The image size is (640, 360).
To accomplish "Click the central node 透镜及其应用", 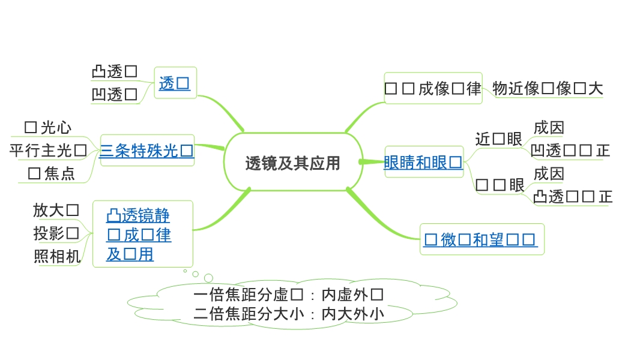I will pyautogui.click(x=293, y=163).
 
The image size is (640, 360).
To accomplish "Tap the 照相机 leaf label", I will pyautogui.click(x=57, y=256).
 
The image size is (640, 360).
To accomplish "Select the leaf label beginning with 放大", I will pyautogui.click(x=56, y=210).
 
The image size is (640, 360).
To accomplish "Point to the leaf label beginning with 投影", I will pyautogui.click(x=56, y=233).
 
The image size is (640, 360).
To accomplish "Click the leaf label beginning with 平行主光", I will pyautogui.click(x=48, y=150).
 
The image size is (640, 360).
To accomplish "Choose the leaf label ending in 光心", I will pyautogui.click(x=48, y=127).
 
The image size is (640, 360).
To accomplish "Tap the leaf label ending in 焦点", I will pyautogui.click(x=52, y=174).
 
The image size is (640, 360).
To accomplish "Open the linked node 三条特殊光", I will pyautogui.click(x=146, y=151).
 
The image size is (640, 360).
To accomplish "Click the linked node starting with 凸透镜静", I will pyautogui.click(x=139, y=235).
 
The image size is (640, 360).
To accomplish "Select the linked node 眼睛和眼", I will pyautogui.click(x=423, y=162).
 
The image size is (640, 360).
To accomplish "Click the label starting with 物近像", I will pyautogui.click(x=547, y=89).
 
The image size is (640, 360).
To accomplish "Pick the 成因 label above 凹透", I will pyautogui.click(x=549, y=128).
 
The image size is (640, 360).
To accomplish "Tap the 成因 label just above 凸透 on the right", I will pyautogui.click(x=549, y=174).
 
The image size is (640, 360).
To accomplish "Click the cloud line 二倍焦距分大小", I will pyautogui.click(x=289, y=313).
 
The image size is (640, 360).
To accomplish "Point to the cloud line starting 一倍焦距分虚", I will pyautogui.click(x=289, y=295).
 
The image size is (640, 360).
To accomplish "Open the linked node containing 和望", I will pyautogui.click(x=480, y=240).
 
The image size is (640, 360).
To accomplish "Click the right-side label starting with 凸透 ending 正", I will pyautogui.click(x=573, y=197).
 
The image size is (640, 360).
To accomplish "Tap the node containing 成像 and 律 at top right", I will pyautogui.click(x=433, y=89).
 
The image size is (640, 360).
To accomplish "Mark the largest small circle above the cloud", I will pyautogui.click(x=208, y=278).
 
